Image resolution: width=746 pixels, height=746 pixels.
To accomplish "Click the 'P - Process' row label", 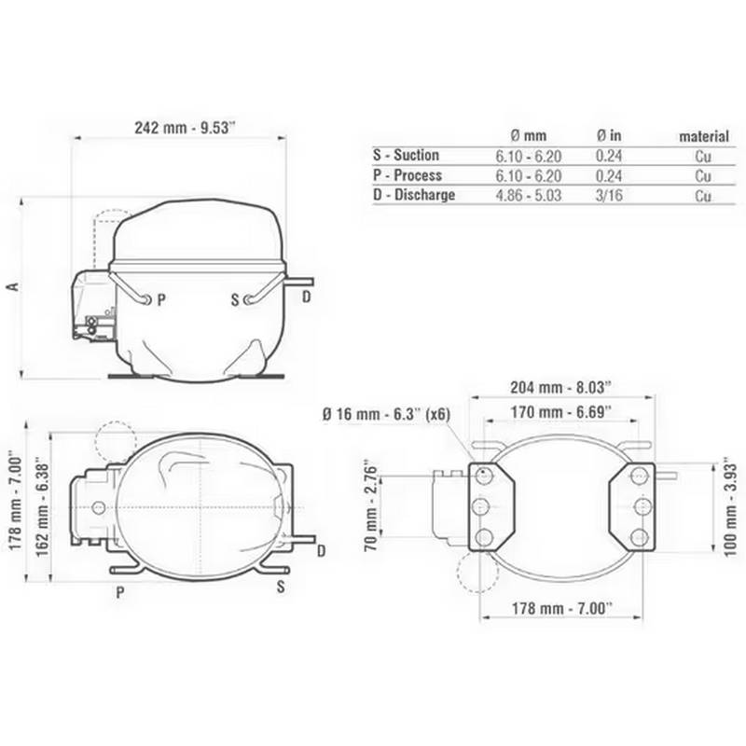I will (x=407, y=175).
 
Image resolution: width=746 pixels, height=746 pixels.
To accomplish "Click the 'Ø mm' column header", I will (x=526, y=137).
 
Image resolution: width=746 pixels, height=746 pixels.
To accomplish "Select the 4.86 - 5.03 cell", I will (x=527, y=196).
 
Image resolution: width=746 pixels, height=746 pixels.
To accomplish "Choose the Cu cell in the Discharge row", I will (x=703, y=196).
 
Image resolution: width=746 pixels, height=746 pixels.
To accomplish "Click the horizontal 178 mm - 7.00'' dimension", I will (x=559, y=608).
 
